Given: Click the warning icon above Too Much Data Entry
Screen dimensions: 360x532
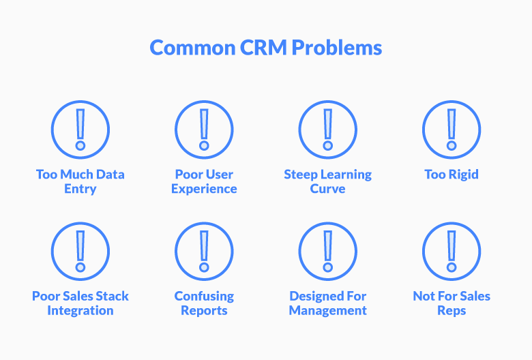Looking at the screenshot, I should click(x=80, y=130).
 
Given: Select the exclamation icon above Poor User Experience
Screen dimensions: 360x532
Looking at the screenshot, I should click(x=204, y=130).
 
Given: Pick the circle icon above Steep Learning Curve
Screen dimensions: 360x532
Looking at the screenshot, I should click(x=327, y=130).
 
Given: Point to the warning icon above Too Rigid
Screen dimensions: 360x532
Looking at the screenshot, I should click(x=452, y=130).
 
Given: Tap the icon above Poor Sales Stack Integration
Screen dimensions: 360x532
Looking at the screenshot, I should click(x=80, y=252).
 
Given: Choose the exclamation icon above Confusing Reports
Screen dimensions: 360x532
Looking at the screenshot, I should click(x=204, y=252).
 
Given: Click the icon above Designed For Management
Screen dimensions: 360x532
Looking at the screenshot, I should click(x=327, y=252).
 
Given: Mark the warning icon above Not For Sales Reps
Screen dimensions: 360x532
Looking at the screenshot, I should click(x=452, y=252).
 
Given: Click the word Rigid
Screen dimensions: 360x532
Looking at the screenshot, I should click(x=464, y=175).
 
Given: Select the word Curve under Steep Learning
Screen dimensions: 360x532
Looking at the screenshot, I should click(x=327, y=189).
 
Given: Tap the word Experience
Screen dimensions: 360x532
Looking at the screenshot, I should click(x=204, y=189).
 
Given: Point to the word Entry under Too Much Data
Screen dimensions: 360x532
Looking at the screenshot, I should click(x=80, y=189).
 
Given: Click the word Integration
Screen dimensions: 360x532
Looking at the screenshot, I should click(x=80, y=311).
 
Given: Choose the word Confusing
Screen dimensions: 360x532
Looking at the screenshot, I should click(x=204, y=297).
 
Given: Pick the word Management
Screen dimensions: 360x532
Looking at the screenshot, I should click(x=327, y=311).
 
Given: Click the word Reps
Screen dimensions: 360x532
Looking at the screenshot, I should click(x=452, y=311).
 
